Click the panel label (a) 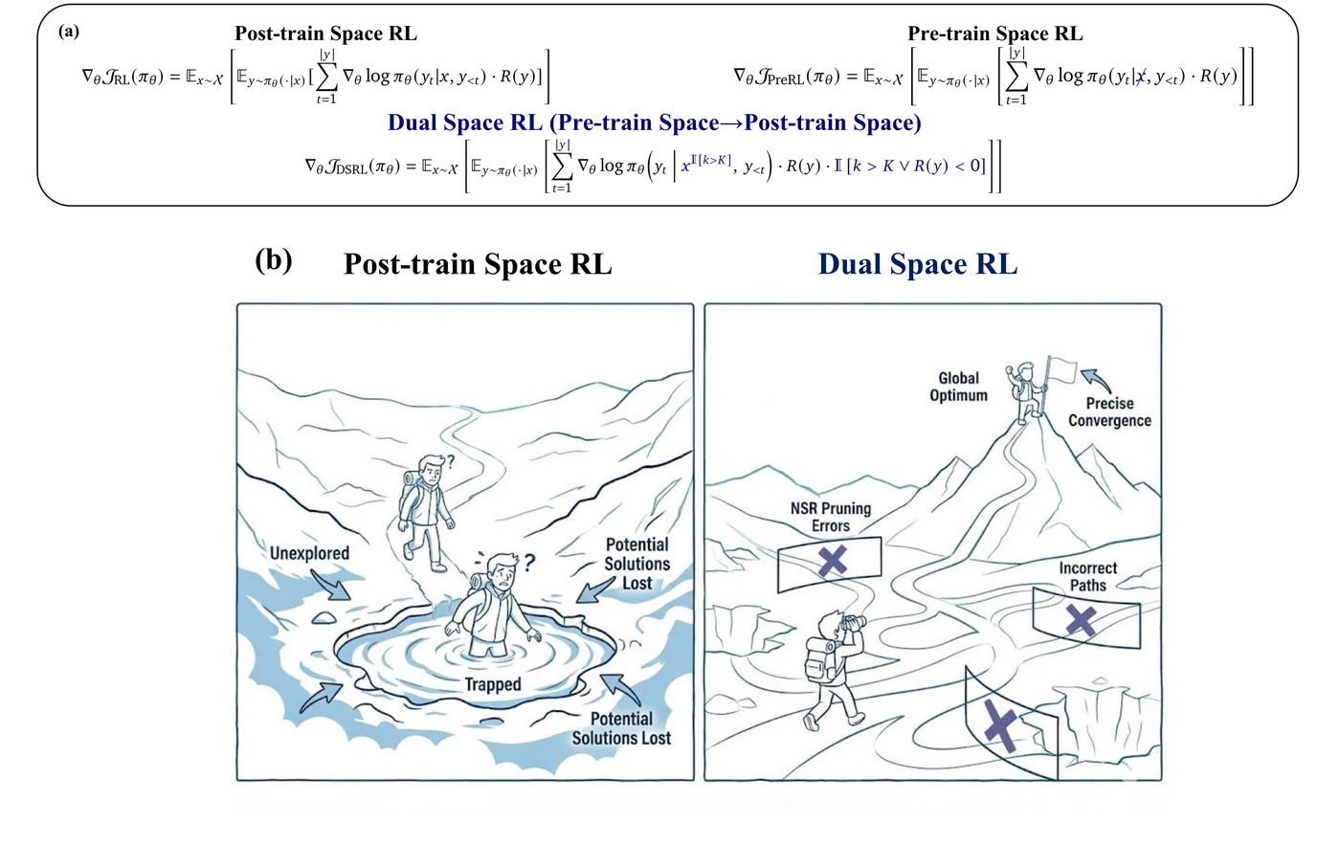tap(69, 32)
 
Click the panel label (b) tap(274, 260)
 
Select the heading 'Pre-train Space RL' tap(994, 33)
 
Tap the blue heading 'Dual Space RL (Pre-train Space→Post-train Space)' tap(655, 122)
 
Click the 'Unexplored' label tap(309, 553)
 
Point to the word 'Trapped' tap(493, 685)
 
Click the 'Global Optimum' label tap(958, 387)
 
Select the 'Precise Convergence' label tap(1109, 412)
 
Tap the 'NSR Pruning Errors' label tap(831, 518)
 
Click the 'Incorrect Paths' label tap(1087, 576)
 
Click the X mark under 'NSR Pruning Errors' tap(832, 561)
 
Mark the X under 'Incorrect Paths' tap(1081, 620)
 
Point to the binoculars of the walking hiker tap(854, 623)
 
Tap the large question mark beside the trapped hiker tap(528, 563)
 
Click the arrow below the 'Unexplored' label tap(331, 585)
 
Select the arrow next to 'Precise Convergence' tap(1096, 379)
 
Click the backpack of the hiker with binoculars tap(821, 660)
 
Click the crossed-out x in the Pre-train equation tap(1141, 77)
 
